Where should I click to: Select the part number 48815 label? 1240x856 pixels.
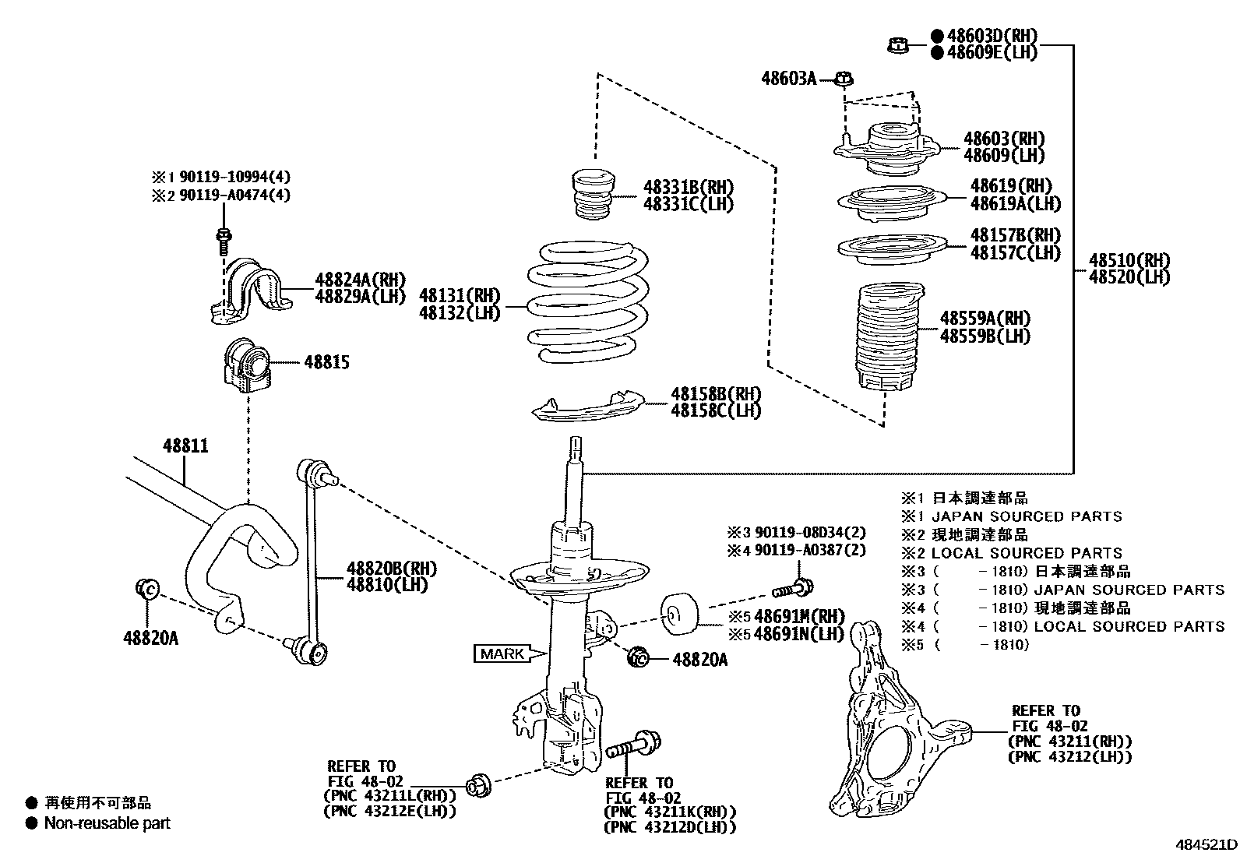(x=326, y=362)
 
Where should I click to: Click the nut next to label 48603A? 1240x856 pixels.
(x=844, y=78)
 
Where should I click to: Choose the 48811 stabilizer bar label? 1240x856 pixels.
(x=185, y=446)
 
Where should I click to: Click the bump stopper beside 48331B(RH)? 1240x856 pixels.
(x=593, y=196)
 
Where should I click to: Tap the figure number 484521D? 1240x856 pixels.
(x=1206, y=844)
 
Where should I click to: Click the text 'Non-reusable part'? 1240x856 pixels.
(x=107, y=823)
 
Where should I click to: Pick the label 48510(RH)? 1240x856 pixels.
(x=1129, y=260)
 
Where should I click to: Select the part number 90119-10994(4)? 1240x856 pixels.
(x=234, y=177)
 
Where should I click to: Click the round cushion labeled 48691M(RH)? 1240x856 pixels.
(x=680, y=612)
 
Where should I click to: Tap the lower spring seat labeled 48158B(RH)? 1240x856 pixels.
(x=588, y=409)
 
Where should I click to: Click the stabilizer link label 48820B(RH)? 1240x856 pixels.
(x=392, y=568)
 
